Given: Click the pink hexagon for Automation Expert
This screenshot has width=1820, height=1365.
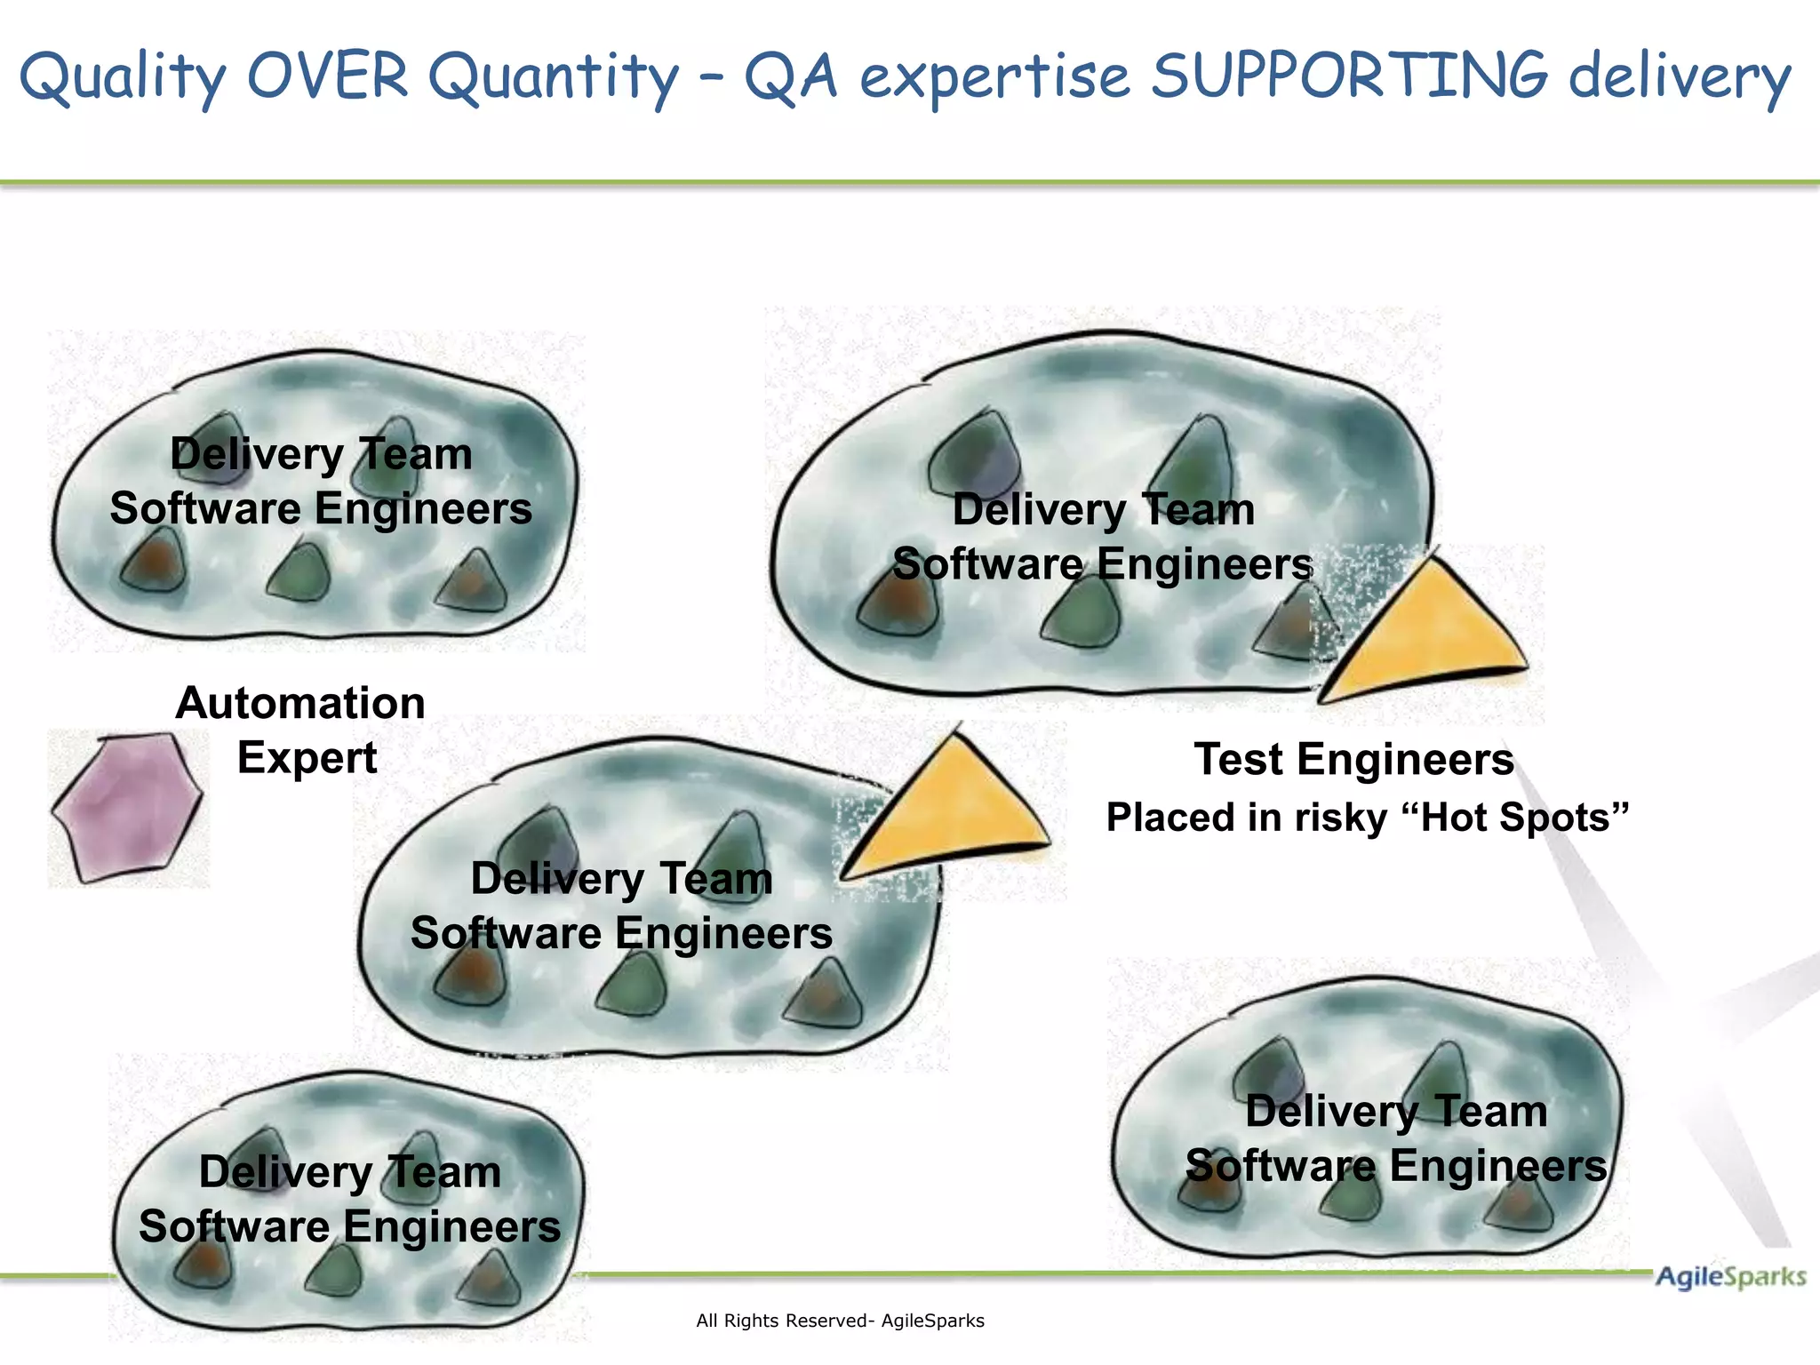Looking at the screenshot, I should (x=127, y=807).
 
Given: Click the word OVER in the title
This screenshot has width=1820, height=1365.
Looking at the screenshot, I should (x=327, y=76).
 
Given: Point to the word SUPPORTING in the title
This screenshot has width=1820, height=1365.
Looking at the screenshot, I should (x=1349, y=76).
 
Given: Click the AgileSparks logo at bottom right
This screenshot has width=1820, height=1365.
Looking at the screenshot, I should (x=1729, y=1277).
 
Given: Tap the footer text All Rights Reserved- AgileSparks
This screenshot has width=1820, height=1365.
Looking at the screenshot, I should (x=840, y=1321).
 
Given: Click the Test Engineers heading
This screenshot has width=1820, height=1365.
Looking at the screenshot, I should (x=1353, y=760).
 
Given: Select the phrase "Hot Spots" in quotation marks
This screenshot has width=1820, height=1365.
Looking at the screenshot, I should (x=1514, y=818).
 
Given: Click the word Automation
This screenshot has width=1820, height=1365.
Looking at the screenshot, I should (x=300, y=703).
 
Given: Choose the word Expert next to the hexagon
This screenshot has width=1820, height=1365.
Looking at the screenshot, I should (x=307, y=758).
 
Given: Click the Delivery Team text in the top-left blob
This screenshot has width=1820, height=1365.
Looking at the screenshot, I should (x=321, y=454).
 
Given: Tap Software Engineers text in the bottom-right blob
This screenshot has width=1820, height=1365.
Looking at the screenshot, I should (x=1396, y=1166).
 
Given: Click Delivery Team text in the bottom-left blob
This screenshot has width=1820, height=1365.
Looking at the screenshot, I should (x=349, y=1172).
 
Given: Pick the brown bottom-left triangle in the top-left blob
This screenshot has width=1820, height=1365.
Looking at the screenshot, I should (x=155, y=562).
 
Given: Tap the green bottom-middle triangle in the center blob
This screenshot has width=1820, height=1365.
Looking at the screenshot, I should (x=633, y=985).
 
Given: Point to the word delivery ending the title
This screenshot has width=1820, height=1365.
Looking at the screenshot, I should (x=1679, y=76).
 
